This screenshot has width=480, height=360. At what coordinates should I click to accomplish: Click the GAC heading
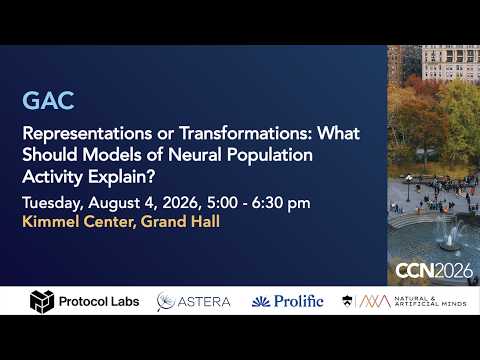[48, 101]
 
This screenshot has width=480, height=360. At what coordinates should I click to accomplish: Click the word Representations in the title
[87, 133]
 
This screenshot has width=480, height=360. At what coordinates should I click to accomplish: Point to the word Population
[270, 155]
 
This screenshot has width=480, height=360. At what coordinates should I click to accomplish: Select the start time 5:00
[222, 203]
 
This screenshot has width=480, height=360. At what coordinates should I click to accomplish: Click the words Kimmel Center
[79, 222]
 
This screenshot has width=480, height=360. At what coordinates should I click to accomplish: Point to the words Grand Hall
[180, 222]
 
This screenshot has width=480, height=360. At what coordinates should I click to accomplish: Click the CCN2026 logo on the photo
[434, 270]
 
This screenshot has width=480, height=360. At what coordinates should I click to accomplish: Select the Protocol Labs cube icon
[42, 302]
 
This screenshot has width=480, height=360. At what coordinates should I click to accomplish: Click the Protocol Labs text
[99, 302]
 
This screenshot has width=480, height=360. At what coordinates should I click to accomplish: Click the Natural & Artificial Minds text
[430, 301]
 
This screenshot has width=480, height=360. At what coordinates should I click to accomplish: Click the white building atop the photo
[451, 62]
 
